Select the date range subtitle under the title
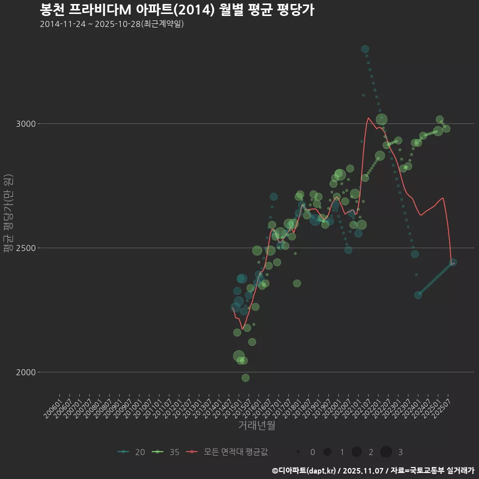pyautogui.click(x=112, y=24)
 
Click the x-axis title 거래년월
pyautogui.click(x=256, y=425)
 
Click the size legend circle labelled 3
pyautogui.click(x=386, y=452)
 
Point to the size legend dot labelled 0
pyautogui.click(x=298, y=452)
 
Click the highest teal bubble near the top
pyautogui.click(x=365, y=49)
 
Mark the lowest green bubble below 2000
pyautogui.click(x=245, y=378)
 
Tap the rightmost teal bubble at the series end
pyautogui.click(x=453, y=262)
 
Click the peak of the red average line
pyautogui.click(x=368, y=118)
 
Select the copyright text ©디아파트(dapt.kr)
pyautogui.click(x=304, y=470)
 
